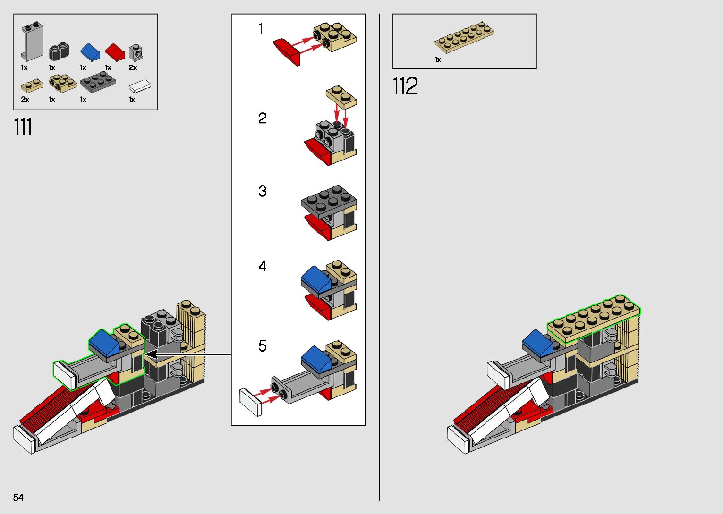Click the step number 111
23,127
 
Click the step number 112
405,86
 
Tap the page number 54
18,497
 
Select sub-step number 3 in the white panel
263,191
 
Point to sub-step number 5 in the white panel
263,346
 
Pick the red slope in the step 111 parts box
115,52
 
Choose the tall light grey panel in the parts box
32,42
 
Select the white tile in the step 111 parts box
140,86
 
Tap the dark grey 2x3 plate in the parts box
98,83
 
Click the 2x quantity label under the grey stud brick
133,67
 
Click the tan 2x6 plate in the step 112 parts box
465,37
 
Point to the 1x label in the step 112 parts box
438,59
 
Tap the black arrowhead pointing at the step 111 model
151,354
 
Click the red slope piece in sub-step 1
287,52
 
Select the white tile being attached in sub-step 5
251,402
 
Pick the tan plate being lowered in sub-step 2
341,97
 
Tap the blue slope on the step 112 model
537,343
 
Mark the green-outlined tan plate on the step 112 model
594,319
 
